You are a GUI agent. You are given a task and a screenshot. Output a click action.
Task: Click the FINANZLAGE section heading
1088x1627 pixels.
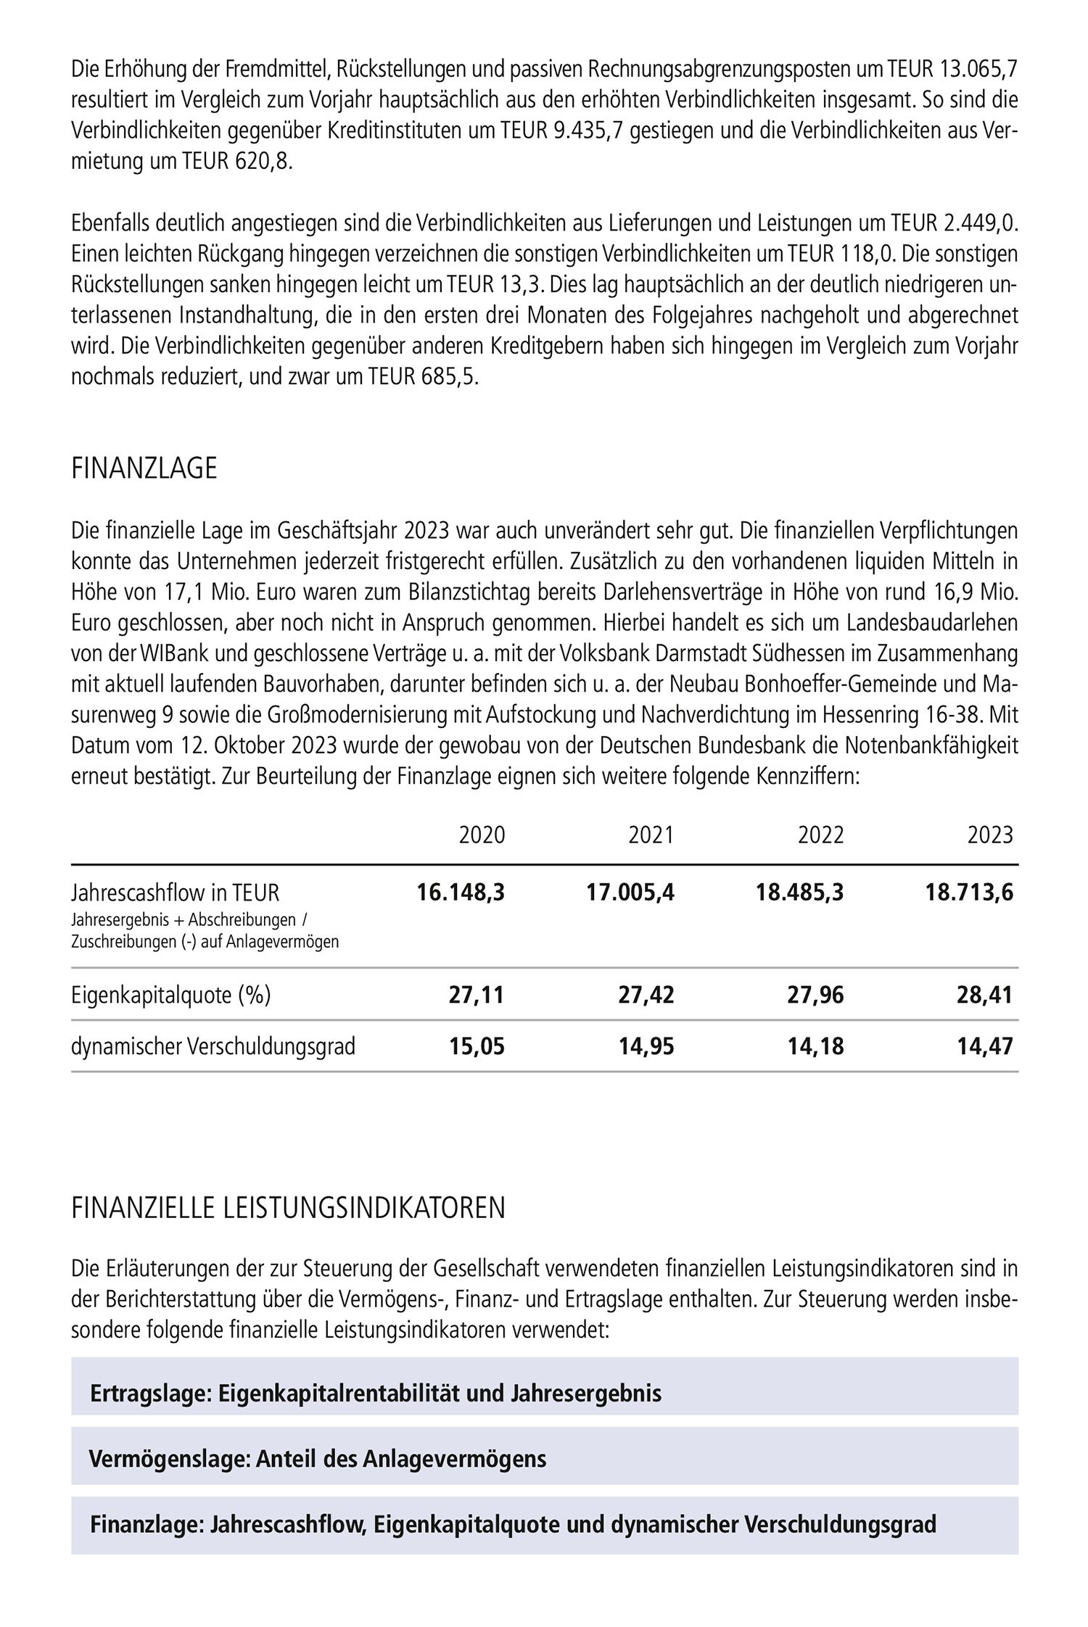pos(144,469)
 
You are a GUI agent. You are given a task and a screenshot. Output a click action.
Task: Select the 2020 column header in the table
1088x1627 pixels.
pos(482,835)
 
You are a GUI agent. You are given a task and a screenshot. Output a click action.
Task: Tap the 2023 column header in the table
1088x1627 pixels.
pos(990,835)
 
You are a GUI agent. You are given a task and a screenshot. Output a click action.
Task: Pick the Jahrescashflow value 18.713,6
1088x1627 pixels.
pos(969,892)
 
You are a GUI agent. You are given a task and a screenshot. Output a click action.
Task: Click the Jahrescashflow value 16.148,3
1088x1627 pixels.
pos(461,892)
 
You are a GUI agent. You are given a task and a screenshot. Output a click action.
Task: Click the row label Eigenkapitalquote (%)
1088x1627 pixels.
pos(171,995)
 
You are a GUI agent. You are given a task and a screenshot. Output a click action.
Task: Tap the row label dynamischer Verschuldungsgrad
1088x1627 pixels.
pos(213,1047)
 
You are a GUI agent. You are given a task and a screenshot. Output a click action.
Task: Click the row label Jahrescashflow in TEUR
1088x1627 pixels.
pos(176,892)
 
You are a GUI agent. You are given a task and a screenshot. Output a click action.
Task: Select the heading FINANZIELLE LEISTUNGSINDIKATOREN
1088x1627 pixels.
pos(288,1209)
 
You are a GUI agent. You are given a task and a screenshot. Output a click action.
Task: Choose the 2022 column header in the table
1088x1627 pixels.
pos(821,835)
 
